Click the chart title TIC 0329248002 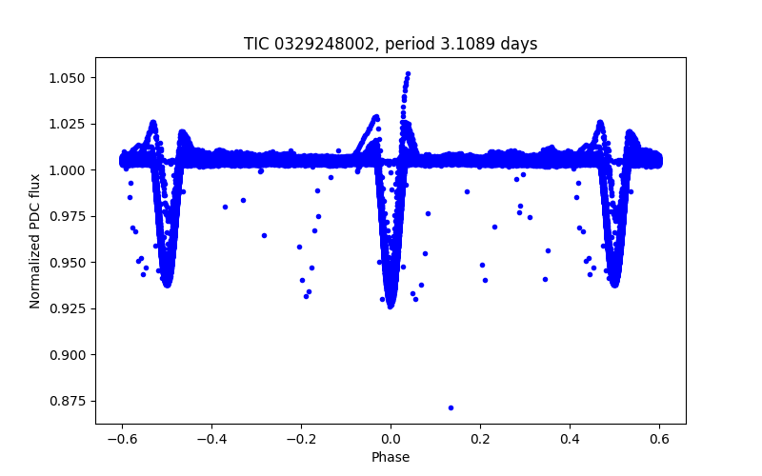[391, 44]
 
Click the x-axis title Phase [391, 457]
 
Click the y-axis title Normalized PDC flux [35, 240]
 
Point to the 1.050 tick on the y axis [73, 78]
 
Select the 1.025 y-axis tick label [73, 124]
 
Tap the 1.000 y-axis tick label [73, 170]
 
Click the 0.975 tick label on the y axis [73, 216]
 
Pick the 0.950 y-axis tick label [73, 263]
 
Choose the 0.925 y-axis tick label [73, 308]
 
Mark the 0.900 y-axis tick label [73, 355]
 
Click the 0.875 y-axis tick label [73, 401]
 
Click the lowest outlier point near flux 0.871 [451, 407]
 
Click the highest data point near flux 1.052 [408, 73]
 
